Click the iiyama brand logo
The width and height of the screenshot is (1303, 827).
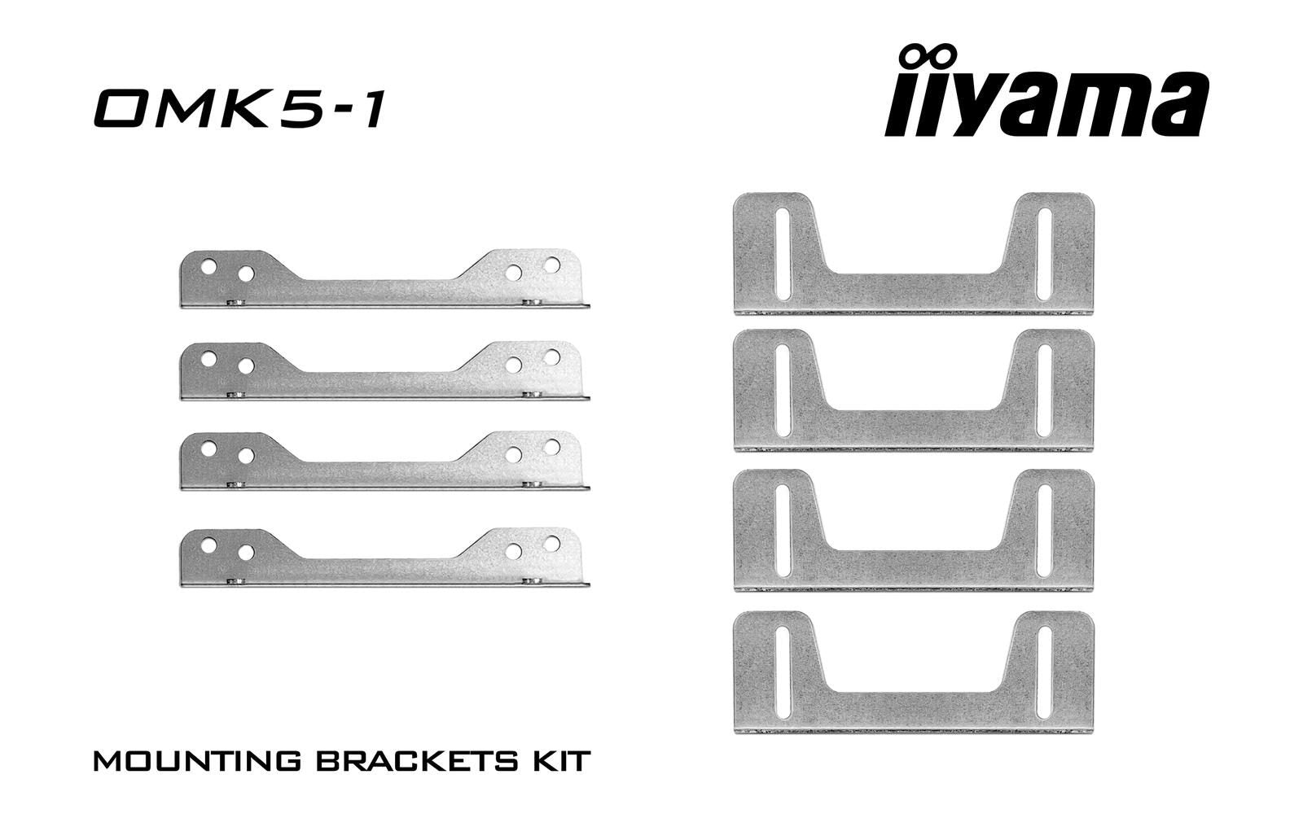point(1046,102)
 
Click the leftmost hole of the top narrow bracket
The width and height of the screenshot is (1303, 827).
point(208,266)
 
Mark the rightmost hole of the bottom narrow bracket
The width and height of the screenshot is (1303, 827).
point(551,542)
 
